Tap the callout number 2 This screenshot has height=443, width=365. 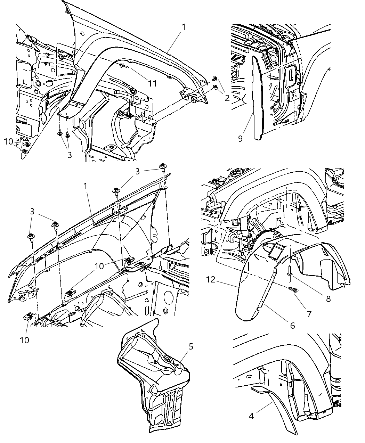click(227, 98)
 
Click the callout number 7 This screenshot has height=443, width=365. click(309, 313)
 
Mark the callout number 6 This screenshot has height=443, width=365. click(292, 325)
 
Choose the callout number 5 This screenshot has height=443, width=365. click(191, 347)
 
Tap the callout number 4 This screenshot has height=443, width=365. click(251, 416)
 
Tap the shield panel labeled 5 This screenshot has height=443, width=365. click(153, 379)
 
